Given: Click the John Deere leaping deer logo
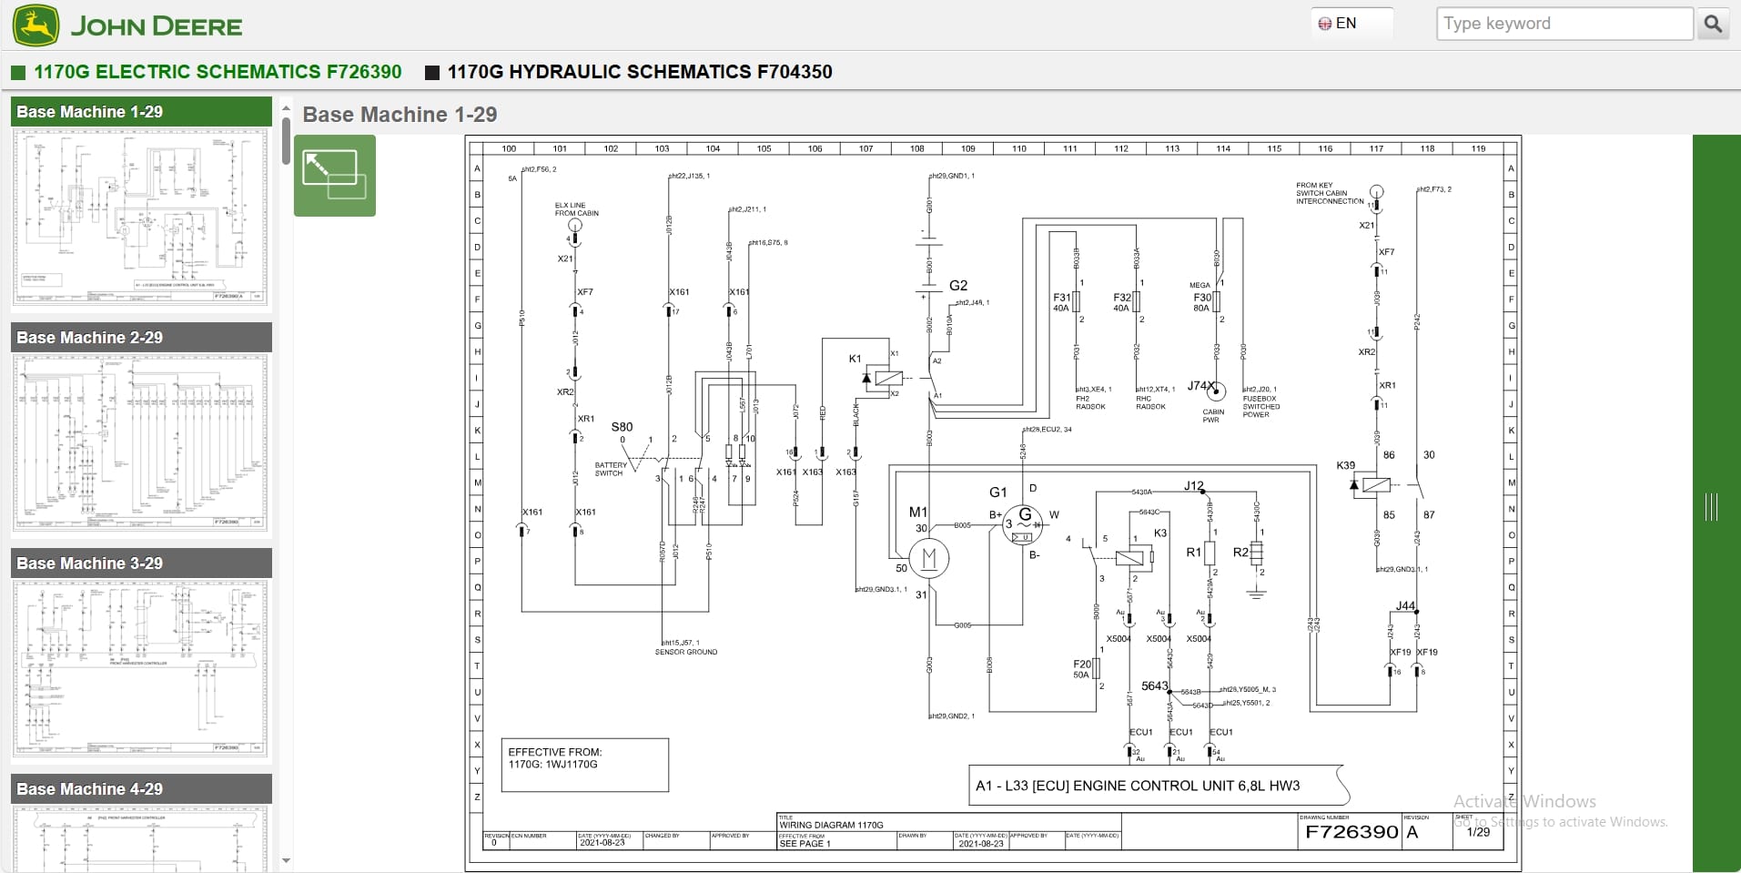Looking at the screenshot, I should pyautogui.click(x=36, y=25).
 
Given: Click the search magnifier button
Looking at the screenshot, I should pyautogui.click(x=1713, y=24).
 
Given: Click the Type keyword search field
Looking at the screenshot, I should pyautogui.click(x=1564, y=24).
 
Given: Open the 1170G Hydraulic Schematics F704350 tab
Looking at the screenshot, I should pyautogui.click(x=639, y=72).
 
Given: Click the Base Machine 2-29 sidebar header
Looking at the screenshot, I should pyautogui.click(x=141, y=337).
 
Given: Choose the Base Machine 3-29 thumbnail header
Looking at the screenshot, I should pyautogui.click(x=141, y=563).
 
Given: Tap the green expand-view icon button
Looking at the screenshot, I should pyautogui.click(x=334, y=176).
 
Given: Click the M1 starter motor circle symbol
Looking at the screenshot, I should pyautogui.click(x=929, y=558).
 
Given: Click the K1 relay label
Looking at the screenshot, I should pyautogui.click(x=855, y=359).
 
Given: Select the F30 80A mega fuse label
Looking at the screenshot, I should pyautogui.click(x=1202, y=302).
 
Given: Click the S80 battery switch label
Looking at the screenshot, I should pyautogui.click(x=622, y=427).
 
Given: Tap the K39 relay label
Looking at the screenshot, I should pyautogui.click(x=1345, y=465).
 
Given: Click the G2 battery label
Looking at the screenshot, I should pyautogui.click(x=958, y=285).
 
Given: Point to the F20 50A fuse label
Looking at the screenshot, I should pyautogui.click(x=1081, y=669).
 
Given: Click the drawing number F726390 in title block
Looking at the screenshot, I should pyautogui.click(x=1351, y=832).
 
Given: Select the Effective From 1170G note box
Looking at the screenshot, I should pyautogui.click(x=584, y=764).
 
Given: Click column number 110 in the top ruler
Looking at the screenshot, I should pyautogui.click(x=1018, y=148).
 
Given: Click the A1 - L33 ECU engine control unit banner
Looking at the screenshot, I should pyautogui.click(x=1138, y=786).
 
